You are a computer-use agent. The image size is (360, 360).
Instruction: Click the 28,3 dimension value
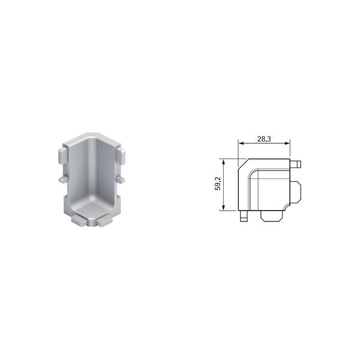pos(264,139)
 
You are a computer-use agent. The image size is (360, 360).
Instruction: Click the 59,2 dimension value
pos(217,183)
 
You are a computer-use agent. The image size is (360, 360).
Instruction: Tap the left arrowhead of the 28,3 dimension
pos(241,143)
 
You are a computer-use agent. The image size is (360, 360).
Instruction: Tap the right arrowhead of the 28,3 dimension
pos(287,143)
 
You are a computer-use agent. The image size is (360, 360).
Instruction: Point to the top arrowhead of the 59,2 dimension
pos(223,161)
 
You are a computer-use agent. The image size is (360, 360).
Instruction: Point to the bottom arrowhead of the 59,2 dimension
pos(223,208)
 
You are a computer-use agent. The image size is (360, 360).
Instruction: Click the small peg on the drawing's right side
pos(296,164)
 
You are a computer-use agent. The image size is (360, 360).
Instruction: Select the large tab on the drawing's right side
pos(296,192)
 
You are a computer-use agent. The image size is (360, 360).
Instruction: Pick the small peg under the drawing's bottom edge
pos(244,216)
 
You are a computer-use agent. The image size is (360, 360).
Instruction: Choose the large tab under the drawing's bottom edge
pos(271,216)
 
